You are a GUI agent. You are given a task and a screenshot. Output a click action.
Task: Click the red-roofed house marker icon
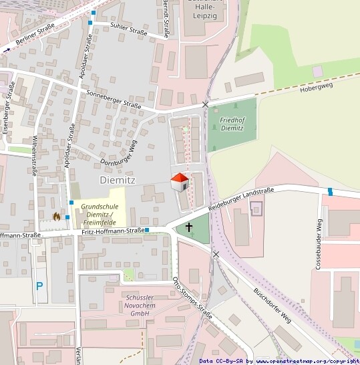[180, 182]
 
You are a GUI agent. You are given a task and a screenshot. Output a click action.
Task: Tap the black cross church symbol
[189, 227]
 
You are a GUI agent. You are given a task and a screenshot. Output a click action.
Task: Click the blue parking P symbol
[39, 285]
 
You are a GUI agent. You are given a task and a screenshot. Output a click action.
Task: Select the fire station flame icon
[56, 216]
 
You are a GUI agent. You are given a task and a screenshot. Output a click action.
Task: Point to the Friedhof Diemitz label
[231, 123]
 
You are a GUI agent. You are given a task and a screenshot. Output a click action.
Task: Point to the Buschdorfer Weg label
[273, 303]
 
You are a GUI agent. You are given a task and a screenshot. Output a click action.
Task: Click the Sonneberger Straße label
[114, 100]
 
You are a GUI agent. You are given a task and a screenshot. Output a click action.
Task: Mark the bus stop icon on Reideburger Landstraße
[330, 193]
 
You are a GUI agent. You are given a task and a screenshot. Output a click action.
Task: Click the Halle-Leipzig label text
[205, 13]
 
